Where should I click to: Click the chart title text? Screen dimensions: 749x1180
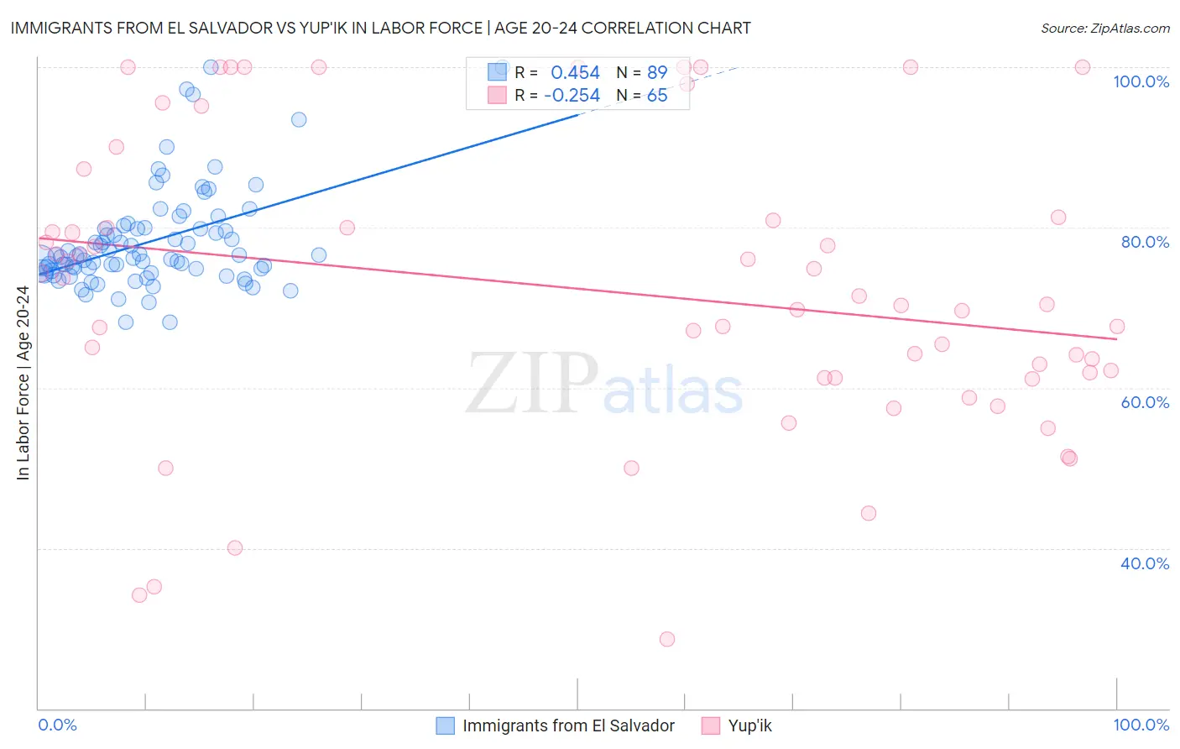[x=380, y=28]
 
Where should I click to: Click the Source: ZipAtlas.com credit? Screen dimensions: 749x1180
[x=1104, y=28]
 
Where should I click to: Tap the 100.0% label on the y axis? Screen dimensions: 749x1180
[x=1141, y=81]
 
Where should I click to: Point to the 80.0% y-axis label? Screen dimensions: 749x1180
[x=1145, y=242]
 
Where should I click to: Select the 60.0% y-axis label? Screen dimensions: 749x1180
[x=1145, y=402]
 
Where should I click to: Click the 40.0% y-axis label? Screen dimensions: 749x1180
[x=1145, y=563]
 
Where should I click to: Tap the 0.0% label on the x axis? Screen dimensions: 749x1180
[x=57, y=725]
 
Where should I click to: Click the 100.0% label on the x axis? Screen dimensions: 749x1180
[x=1141, y=725]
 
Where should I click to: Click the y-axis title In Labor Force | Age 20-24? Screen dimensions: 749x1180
[x=23, y=383]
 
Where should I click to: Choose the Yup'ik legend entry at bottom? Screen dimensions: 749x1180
[x=749, y=725]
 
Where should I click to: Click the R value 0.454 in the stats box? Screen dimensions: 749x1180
[x=575, y=73]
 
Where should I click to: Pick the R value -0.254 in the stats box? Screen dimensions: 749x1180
[x=572, y=96]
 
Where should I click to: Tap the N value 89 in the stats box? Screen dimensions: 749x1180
[x=657, y=73]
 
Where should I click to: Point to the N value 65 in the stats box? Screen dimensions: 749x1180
[x=657, y=96]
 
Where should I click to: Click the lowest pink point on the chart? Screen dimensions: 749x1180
[x=667, y=639]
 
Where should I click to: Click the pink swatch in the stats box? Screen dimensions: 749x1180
[x=498, y=95]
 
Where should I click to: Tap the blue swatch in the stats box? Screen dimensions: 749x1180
[x=498, y=72]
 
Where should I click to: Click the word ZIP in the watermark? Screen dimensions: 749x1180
[x=531, y=385]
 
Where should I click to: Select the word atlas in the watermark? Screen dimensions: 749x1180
[x=673, y=391]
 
